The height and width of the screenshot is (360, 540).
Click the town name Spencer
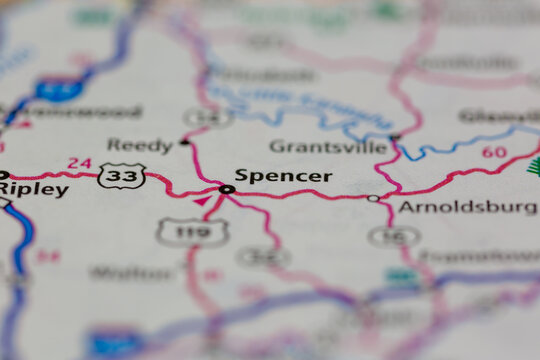283,176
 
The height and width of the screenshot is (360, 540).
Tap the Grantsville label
328,147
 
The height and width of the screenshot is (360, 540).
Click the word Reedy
140,145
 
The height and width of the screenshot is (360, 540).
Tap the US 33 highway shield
121,176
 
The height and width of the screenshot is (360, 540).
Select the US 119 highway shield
191,232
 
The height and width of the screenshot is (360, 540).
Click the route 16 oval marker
393,236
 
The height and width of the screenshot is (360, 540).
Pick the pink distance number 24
79,163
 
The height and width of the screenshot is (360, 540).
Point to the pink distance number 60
493,152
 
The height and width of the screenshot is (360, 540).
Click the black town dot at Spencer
227,188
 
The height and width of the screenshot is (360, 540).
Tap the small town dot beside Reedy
184,142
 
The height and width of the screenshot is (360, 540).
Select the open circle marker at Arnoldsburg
373,198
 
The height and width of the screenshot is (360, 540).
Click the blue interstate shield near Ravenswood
59,88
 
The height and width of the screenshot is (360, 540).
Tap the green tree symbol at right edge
533,166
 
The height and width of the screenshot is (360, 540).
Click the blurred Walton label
131,272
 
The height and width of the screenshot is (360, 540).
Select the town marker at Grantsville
395,137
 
